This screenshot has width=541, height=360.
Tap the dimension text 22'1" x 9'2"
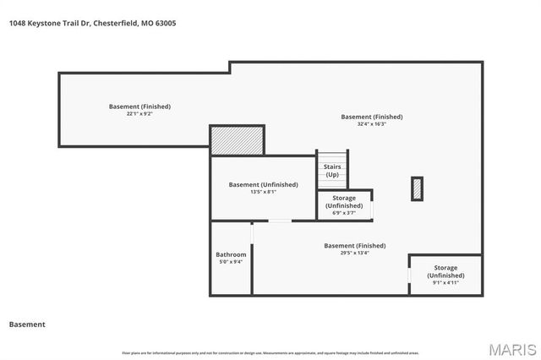pyautogui.click(x=139, y=114)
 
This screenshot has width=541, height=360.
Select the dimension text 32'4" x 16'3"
pyautogui.click(x=371, y=124)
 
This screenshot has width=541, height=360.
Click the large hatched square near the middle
pyautogui.click(x=238, y=140)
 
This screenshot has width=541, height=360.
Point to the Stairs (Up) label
pyautogui.click(x=332, y=171)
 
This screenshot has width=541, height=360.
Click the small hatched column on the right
pyautogui.click(x=417, y=188)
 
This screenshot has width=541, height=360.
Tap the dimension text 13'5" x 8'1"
pyautogui.click(x=263, y=192)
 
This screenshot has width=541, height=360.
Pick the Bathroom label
pyautogui.click(x=231, y=254)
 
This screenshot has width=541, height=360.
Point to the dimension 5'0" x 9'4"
pyautogui.click(x=231, y=262)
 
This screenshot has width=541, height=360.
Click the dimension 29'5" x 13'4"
pyautogui.click(x=354, y=253)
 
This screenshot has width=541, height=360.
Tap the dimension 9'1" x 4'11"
pyautogui.click(x=445, y=283)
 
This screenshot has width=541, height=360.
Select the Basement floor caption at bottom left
pyautogui.click(x=27, y=324)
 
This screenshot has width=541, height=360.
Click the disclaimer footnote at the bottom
pyautogui.click(x=270, y=352)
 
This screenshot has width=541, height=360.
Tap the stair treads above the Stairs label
pyautogui.click(x=332, y=157)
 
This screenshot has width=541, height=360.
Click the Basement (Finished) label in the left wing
pyautogui.click(x=139, y=106)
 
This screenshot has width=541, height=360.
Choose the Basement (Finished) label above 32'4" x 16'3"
pyautogui.click(x=371, y=117)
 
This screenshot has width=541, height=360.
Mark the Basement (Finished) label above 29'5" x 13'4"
pyautogui.click(x=354, y=245)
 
